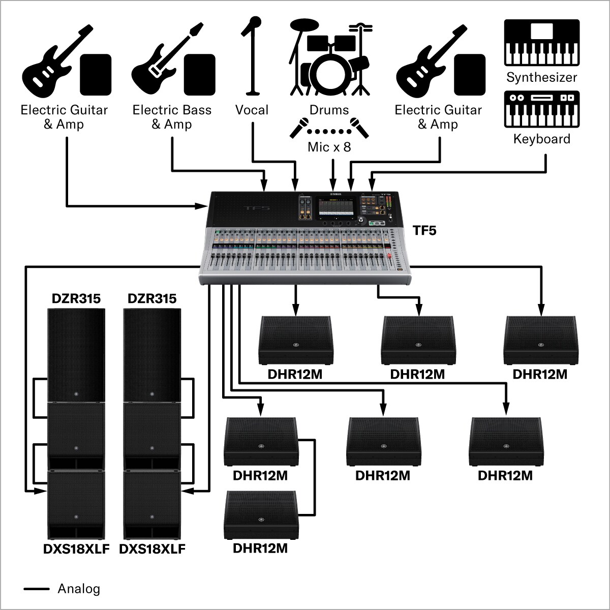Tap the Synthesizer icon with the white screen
tap(541, 43)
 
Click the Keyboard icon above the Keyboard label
tap(541, 109)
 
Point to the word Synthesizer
tap(541, 78)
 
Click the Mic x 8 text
tap(329, 147)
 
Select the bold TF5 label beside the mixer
tap(424, 231)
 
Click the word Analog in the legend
tap(79, 589)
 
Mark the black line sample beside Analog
tap(37, 589)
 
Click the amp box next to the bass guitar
tap(200, 75)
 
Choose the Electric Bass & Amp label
tap(172, 117)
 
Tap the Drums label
tap(329, 110)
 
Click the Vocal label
tap(252, 110)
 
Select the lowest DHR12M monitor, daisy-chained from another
tap(260, 516)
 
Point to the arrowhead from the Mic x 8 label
tap(333, 186)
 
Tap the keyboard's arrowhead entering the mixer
tap(372, 186)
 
